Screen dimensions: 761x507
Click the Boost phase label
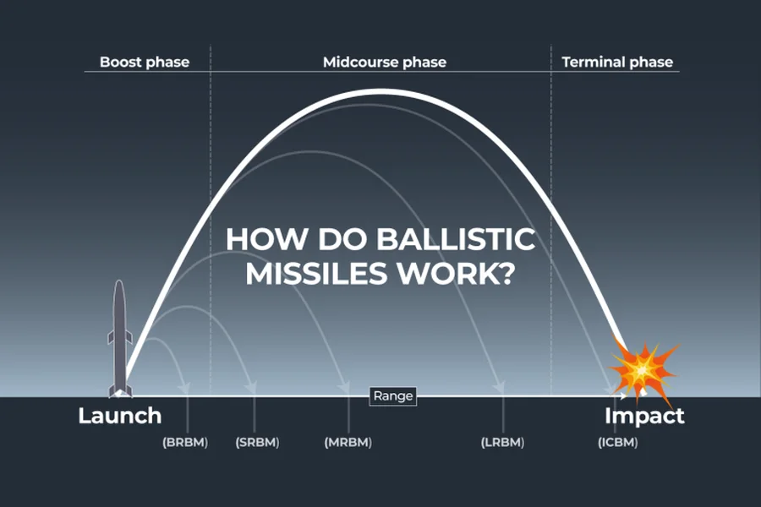(145, 62)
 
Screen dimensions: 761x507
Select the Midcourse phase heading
(385, 62)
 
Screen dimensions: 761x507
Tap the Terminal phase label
(617, 62)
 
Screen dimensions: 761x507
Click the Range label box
(393, 396)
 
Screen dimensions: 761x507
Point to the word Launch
(120, 416)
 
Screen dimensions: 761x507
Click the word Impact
(644, 416)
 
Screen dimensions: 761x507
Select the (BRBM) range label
(185, 443)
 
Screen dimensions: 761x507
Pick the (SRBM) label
(257, 443)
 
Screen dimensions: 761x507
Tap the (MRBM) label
(348, 443)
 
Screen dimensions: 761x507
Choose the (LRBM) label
(502, 443)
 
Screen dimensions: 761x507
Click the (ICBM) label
(617, 443)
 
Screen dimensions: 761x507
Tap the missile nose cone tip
(119, 281)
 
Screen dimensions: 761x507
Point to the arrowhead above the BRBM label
(184, 388)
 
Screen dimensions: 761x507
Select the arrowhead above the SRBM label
(251, 388)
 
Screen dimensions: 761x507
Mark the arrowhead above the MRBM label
(344, 387)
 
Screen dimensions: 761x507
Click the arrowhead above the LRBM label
(500, 387)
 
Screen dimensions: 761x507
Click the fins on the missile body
(119, 337)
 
